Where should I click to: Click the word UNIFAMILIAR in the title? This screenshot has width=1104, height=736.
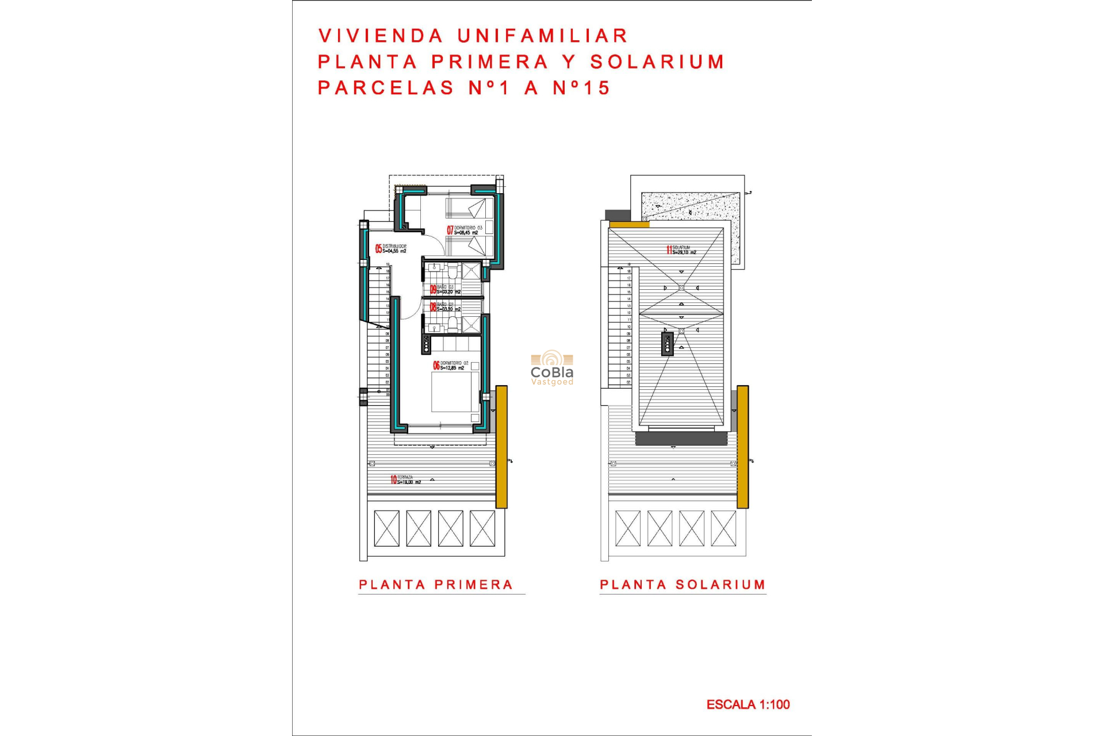coord(543,36)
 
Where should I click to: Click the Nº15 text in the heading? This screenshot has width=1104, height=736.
coord(581,88)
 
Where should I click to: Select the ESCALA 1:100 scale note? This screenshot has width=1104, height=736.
coord(747,704)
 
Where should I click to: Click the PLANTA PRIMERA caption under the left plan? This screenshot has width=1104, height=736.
coord(435,585)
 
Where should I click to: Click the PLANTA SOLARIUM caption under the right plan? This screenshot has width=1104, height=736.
coord(683,585)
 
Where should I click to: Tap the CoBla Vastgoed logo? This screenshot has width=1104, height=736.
coord(552,368)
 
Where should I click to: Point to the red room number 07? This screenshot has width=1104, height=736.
coord(450,230)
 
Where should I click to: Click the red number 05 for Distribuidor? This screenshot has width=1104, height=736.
coord(378,248)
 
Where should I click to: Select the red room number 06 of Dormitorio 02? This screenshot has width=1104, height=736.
coord(436,365)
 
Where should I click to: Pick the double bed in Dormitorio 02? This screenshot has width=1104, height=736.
coord(455,392)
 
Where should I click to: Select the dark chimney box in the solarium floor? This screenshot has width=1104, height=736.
coord(667,344)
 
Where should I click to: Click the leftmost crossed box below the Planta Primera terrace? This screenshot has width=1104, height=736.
coord(386,528)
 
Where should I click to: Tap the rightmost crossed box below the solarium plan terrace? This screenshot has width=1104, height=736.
coord(723,528)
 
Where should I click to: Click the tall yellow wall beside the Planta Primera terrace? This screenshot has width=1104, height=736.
coord(501,447)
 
